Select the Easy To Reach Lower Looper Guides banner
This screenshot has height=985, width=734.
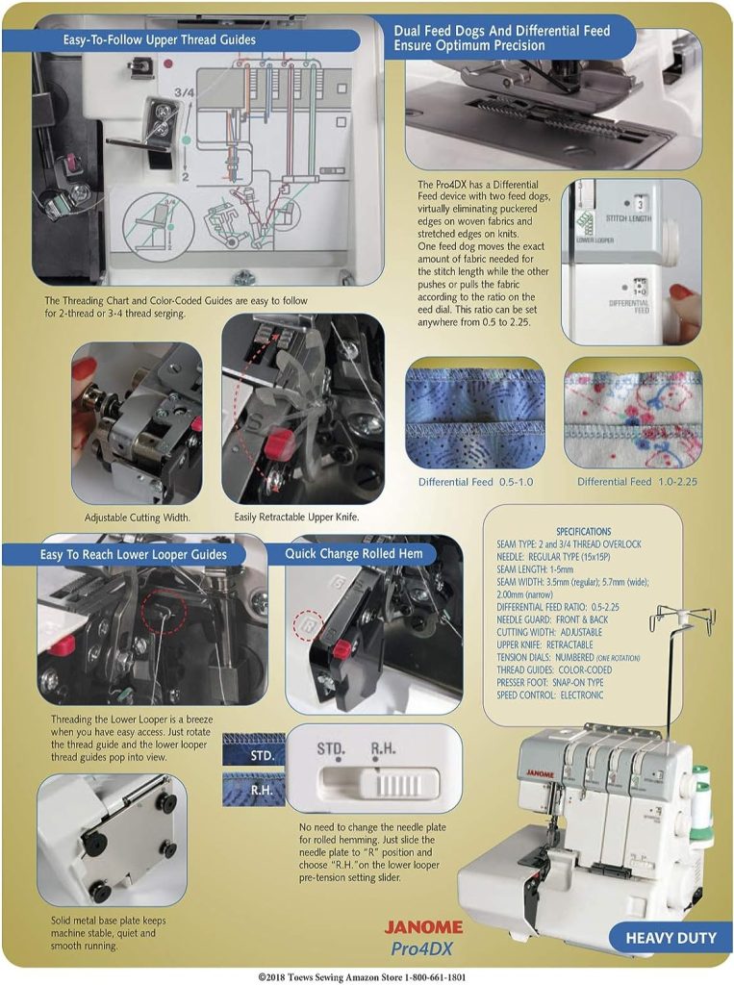click(x=134, y=554)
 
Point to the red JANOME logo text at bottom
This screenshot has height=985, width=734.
click(x=423, y=927)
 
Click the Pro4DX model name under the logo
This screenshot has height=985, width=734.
click(x=424, y=948)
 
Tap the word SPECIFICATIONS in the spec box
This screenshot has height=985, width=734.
click(x=583, y=531)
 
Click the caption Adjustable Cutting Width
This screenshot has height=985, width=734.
click(x=138, y=517)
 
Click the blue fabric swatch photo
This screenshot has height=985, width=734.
click(x=475, y=412)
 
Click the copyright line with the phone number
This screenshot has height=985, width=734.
click(x=367, y=975)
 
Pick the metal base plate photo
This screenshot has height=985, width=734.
click(x=113, y=839)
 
